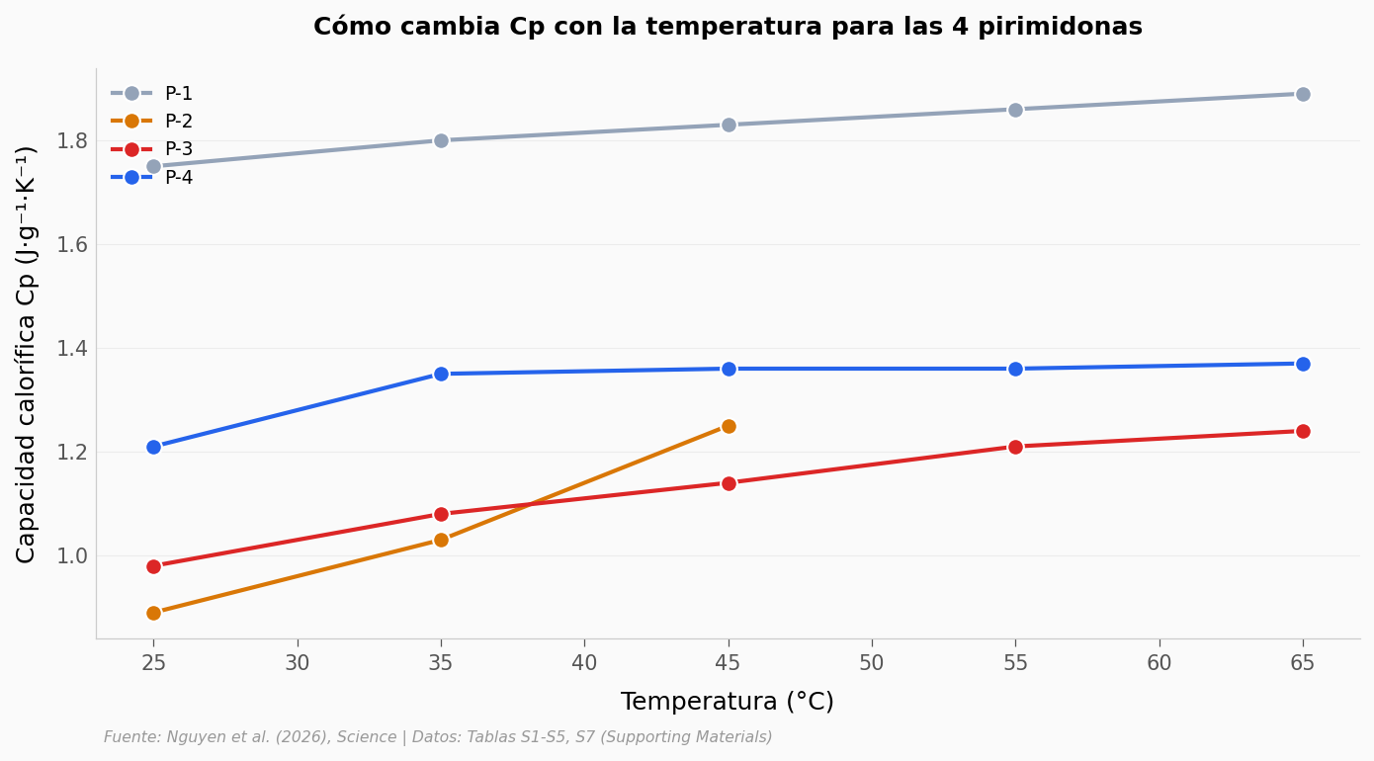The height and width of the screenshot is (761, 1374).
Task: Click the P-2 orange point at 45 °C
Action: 729,426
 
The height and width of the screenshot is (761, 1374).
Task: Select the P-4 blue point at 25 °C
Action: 153,447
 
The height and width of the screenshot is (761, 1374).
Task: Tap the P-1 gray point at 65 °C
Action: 1303,94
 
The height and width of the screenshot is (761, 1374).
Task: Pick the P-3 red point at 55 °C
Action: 1015,447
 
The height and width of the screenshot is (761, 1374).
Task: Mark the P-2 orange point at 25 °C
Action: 153,613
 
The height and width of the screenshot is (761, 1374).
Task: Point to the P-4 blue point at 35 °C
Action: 441,374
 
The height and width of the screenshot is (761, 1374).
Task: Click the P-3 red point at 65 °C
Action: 1303,431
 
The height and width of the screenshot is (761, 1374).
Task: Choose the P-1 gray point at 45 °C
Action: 729,125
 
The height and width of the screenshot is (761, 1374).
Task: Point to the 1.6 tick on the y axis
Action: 72,244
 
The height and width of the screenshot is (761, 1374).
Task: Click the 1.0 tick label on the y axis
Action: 72,555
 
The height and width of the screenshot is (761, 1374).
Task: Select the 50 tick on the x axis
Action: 872,663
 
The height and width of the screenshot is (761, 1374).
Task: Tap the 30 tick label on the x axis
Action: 298,663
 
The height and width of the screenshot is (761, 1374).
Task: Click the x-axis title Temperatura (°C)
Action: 727,702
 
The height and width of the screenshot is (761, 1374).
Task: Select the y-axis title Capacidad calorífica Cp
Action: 27,354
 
